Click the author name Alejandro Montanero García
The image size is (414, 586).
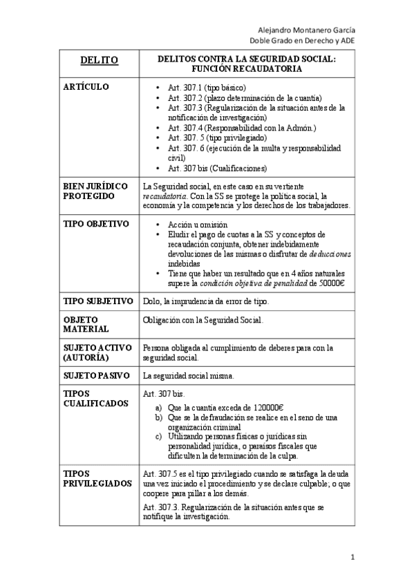[307, 30]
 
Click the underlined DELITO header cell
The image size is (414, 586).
[99, 60]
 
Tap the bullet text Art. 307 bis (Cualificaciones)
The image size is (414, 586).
[217, 168]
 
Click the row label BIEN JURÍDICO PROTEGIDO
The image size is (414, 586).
[95, 191]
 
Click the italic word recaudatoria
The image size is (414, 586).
[163, 196]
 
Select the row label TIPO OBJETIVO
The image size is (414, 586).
[96, 225]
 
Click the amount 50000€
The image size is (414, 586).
[331, 283]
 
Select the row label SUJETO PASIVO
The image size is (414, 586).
[96, 376]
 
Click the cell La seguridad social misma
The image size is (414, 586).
[188, 376]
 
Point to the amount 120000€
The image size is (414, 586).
[272, 408]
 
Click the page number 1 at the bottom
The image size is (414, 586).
[352, 557]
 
